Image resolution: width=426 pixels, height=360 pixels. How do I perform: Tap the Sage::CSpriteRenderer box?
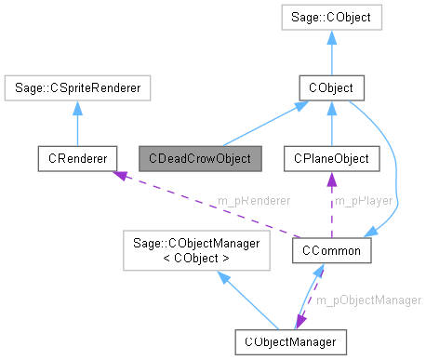tap(77, 88)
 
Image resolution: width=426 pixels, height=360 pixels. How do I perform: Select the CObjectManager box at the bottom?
tap(291, 341)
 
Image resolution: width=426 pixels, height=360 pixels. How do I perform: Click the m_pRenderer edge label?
tap(253, 201)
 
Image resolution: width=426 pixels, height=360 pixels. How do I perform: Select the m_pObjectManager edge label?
tap(367, 300)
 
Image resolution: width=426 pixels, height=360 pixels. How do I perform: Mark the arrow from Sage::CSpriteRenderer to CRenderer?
tap(77, 123)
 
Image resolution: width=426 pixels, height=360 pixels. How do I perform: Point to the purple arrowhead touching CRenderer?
tap(115, 174)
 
